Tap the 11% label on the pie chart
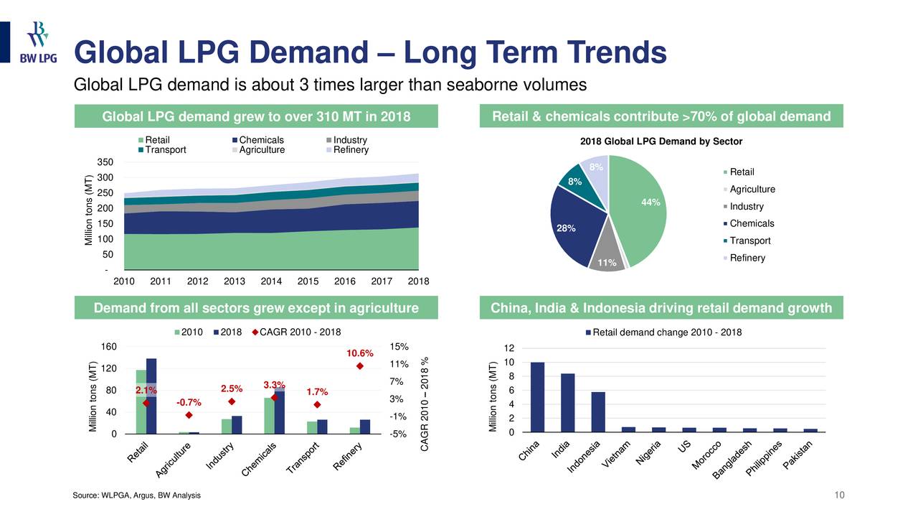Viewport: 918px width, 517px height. click(x=598, y=264)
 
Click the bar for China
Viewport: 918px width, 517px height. click(x=537, y=397)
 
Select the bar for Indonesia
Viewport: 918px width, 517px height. click(x=598, y=412)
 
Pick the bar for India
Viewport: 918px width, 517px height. click(x=567, y=403)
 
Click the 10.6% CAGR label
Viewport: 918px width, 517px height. click(x=360, y=353)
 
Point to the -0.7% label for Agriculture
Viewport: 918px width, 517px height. click(x=189, y=402)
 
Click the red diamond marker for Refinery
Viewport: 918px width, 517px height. click(x=360, y=366)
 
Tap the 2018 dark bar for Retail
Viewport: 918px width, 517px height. click(x=151, y=396)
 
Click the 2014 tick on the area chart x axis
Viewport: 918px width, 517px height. click(x=271, y=281)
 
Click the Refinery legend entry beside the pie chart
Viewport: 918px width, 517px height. click(x=746, y=258)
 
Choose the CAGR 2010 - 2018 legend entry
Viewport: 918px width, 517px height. click(x=295, y=332)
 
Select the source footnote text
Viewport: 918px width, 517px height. click(x=137, y=496)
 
